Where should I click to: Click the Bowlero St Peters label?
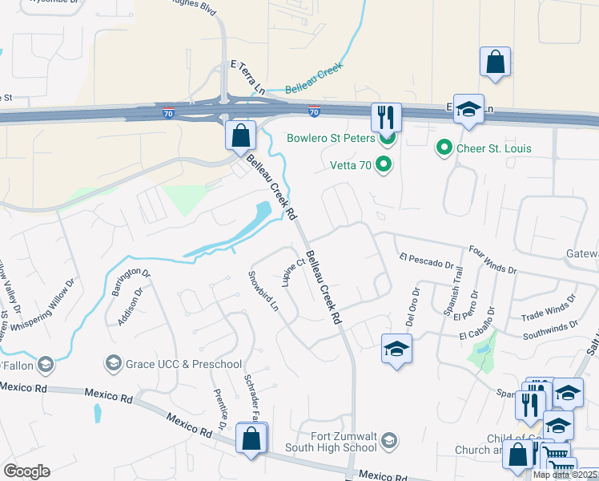331,138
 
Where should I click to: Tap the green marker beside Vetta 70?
384,166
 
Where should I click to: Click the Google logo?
26,471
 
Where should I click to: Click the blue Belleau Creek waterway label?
314,82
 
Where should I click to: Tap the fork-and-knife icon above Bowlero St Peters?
386,117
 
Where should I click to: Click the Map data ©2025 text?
565,475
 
